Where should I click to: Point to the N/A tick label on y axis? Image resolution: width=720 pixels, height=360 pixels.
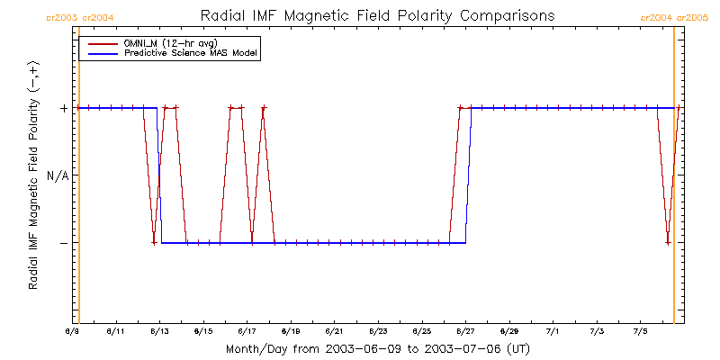(x=57, y=175)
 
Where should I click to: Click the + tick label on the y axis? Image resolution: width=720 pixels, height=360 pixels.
(x=64, y=108)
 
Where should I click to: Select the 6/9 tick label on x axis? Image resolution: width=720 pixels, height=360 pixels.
(x=72, y=331)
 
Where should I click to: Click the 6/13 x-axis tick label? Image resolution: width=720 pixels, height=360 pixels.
(x=159, y=331)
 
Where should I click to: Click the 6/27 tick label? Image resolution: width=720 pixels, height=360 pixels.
(x=465, y=331)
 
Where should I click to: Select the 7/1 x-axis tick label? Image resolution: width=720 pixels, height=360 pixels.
(x=553, y=331)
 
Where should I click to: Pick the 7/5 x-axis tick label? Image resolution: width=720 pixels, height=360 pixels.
(x=640, y=331)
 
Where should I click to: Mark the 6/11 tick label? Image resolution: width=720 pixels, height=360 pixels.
(x=115, y=331)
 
